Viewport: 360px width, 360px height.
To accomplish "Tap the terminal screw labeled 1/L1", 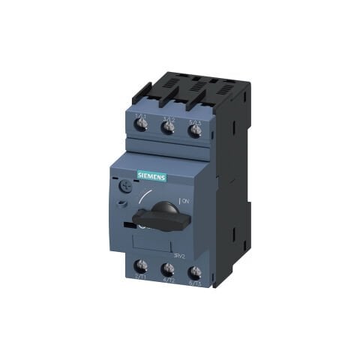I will pos(141,124).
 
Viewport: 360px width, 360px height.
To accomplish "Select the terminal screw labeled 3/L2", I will pos(168,127).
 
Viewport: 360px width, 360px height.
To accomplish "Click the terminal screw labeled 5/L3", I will pos(195,130).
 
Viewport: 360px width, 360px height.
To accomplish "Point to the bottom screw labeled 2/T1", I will pos(141,266).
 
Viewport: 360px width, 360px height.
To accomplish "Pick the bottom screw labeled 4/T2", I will pos(168,269).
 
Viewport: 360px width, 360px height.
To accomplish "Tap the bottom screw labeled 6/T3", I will pos(195,273).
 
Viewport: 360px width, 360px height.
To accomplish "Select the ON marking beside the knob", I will pos(186,201).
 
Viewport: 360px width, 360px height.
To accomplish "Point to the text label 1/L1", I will pos(140,113).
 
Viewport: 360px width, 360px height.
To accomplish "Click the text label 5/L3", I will pos(196,120).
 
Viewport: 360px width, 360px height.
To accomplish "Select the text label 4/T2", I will pos(168,281).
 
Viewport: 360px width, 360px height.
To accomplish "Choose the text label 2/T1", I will pos(140,278).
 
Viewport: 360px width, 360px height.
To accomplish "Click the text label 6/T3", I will pos(195,284).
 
